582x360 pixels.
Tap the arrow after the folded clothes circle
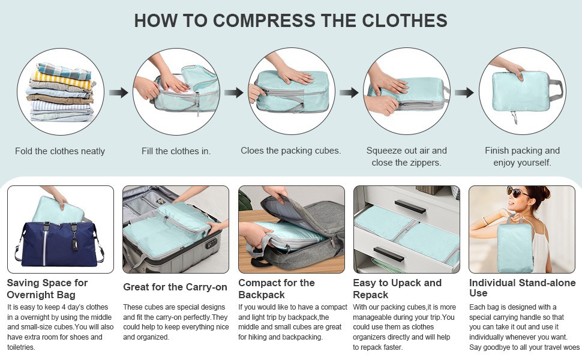(x=118, y=92)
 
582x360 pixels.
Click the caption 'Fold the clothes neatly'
(x=60, y=151)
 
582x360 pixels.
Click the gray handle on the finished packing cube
(x=556, y=91)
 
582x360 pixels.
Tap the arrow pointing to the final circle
(x=464, y=92)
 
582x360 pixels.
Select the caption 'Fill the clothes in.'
(x=176, y=151)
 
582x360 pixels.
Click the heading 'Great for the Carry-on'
(x=175, y=287)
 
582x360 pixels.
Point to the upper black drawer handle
(x=410, y=206)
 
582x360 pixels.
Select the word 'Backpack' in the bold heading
(x=262, y=295)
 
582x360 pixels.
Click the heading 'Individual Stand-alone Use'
(x=522, y=287)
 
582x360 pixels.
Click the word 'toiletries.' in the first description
(x=21, y=347)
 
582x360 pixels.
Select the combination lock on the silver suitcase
(x=212, y=244)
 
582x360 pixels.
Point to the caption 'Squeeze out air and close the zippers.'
(x=406, y=156)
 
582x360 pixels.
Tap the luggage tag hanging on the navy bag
(x=74, y=243)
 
